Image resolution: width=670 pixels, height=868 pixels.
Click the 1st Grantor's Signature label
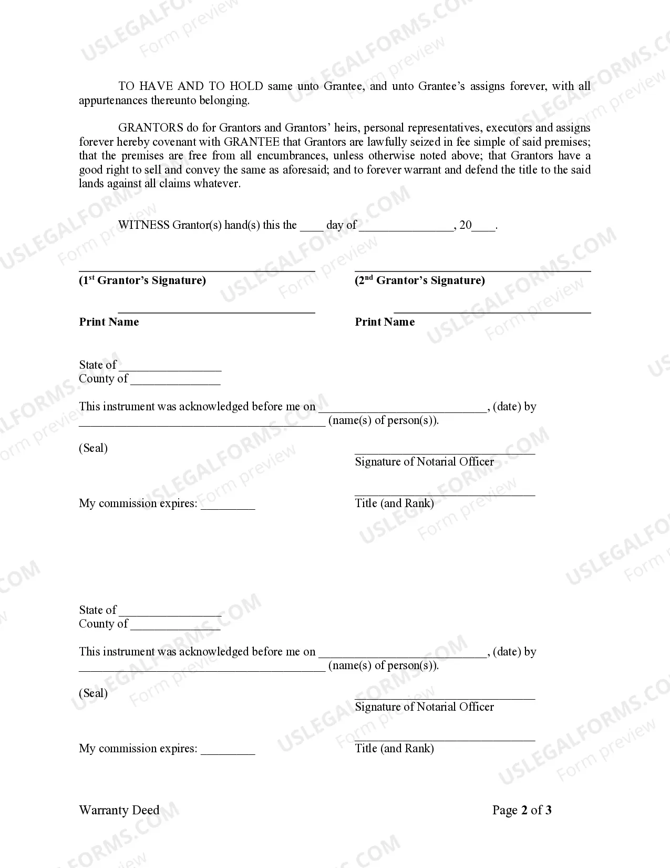click(x=142, y=280)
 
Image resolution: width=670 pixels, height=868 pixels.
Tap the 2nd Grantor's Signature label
click(x=419, y=280)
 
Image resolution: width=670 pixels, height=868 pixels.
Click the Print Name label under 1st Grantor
click(x=109, y=322)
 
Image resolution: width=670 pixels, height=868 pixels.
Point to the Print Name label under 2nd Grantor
click(x=385, y=322)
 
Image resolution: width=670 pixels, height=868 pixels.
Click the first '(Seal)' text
click(x=93, y=448)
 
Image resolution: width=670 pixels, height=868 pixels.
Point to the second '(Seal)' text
click(x=93, y=693)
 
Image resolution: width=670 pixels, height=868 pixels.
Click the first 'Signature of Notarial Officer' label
click(x=424, y=462)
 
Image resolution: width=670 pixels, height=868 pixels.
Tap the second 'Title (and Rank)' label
click(x=394, y=749)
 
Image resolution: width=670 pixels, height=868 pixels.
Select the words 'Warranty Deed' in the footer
click(x=119, y=810)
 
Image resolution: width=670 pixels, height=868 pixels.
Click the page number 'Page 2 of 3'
click(x=522, y=810)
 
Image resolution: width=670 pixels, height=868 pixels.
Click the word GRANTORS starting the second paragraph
click(x=151, y=128)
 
